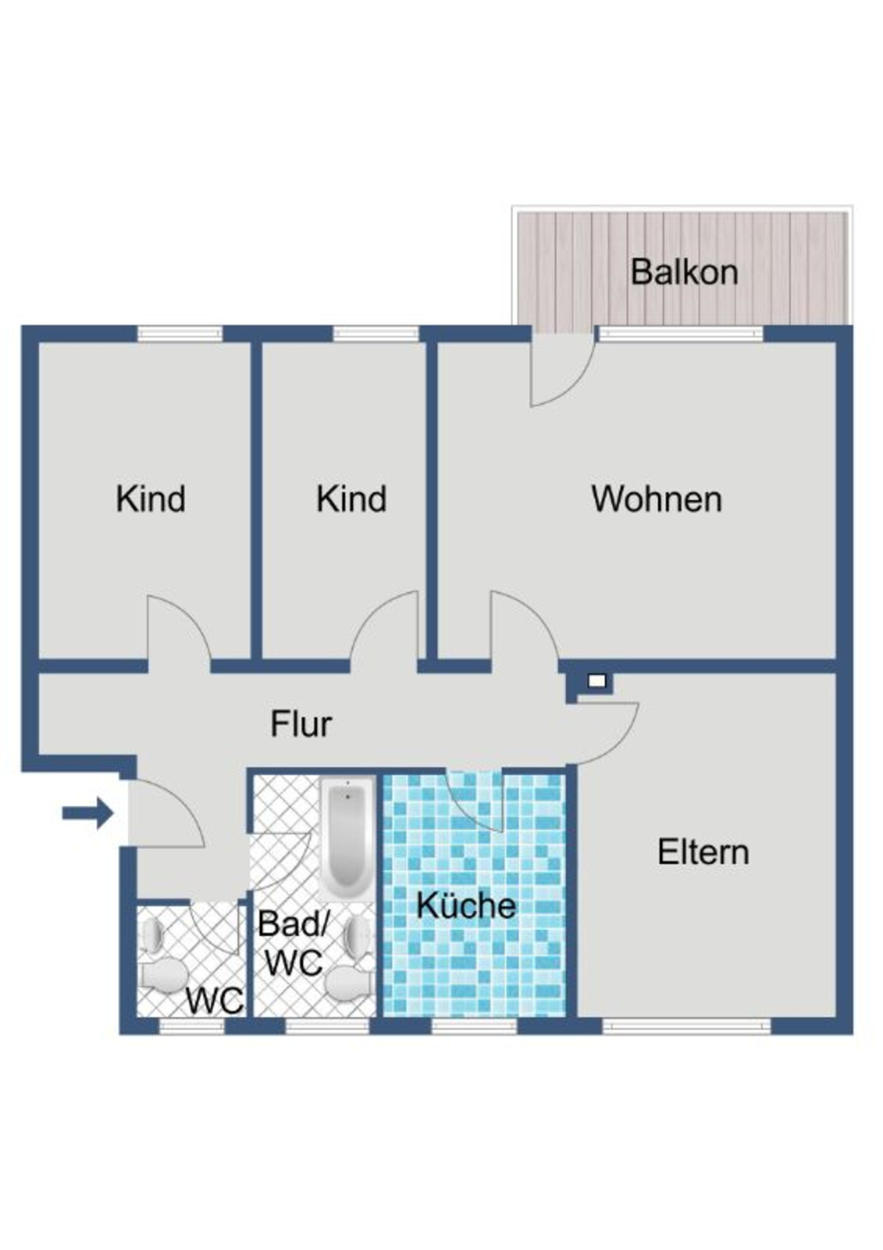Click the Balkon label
pyautogui.click(x=683, y=272)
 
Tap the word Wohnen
pyautogui.click(x=656, y=499)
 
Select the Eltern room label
pyautogui.click(x=703, y=852)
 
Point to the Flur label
pyautogui.click(x=301, y=724)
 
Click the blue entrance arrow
pyautogui.click(x=88, y=813)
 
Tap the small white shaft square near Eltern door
pyautogui.click(x=596, y=681)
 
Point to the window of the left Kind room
pyautogui.click(x=180, y=334)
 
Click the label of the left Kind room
pyautogui.click(x=150, y=499)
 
